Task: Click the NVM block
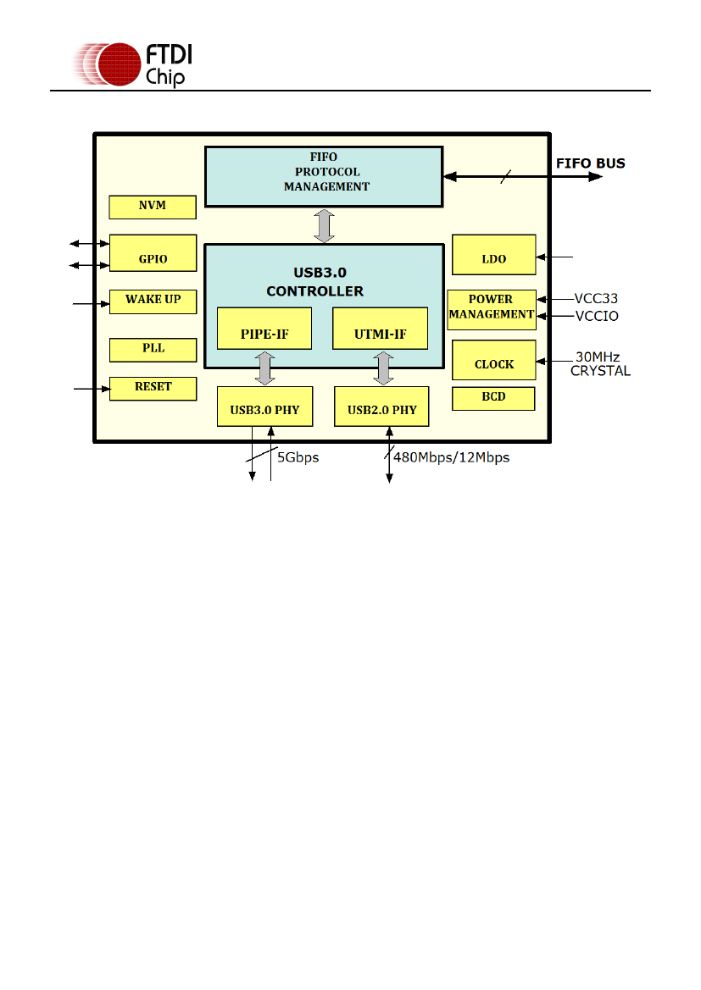coord(153,207)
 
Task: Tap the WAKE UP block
coord(153,301)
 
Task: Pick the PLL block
coord(153,350)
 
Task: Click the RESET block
coord(153,388)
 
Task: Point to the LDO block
coord(493,255)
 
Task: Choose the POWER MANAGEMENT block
coord(492,307)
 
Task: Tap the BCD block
coord(493,398)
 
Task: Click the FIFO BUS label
coord(590,163)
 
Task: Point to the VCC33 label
coord(596,298)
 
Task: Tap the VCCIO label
coord(596,316)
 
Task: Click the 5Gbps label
coord(298,457)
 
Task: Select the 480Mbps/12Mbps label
coord(451,457)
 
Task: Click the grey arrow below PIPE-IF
coord(265,368)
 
